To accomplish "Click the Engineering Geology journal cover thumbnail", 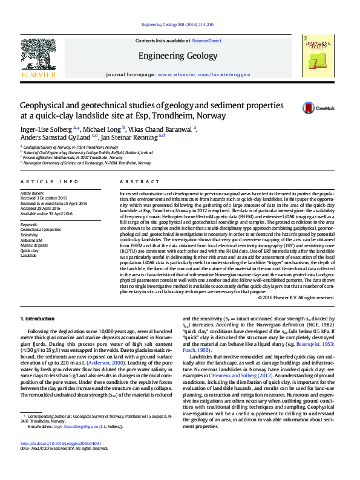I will (317, 57).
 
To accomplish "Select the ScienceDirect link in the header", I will (206, 41).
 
